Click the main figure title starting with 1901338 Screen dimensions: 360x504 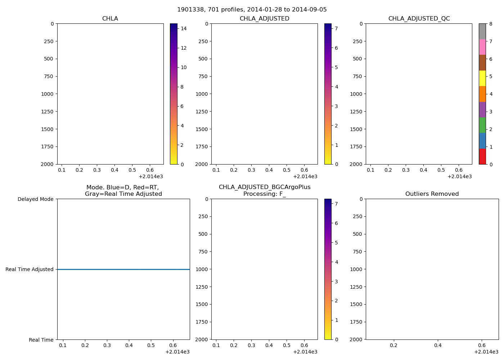252,10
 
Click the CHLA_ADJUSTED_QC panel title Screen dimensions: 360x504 419,19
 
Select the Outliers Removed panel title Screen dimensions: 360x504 432,194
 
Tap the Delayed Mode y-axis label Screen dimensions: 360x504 35,199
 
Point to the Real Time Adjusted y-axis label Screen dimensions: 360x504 29,269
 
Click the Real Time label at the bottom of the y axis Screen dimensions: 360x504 41,340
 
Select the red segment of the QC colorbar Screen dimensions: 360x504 482,157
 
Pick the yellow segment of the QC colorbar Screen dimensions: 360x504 482,78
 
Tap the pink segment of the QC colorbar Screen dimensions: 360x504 482,47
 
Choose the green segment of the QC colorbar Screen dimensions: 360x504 482,125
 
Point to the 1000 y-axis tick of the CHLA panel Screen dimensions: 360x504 47,94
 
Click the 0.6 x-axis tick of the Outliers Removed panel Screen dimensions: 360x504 482,345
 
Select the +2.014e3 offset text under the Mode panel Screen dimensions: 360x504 177,352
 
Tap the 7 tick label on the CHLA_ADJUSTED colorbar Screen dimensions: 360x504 337,28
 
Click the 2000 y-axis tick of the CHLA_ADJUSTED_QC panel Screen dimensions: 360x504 356,164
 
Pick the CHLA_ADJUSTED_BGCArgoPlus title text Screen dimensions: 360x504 264,187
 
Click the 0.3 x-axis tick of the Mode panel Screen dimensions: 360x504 107,345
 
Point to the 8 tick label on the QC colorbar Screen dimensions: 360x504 491,24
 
